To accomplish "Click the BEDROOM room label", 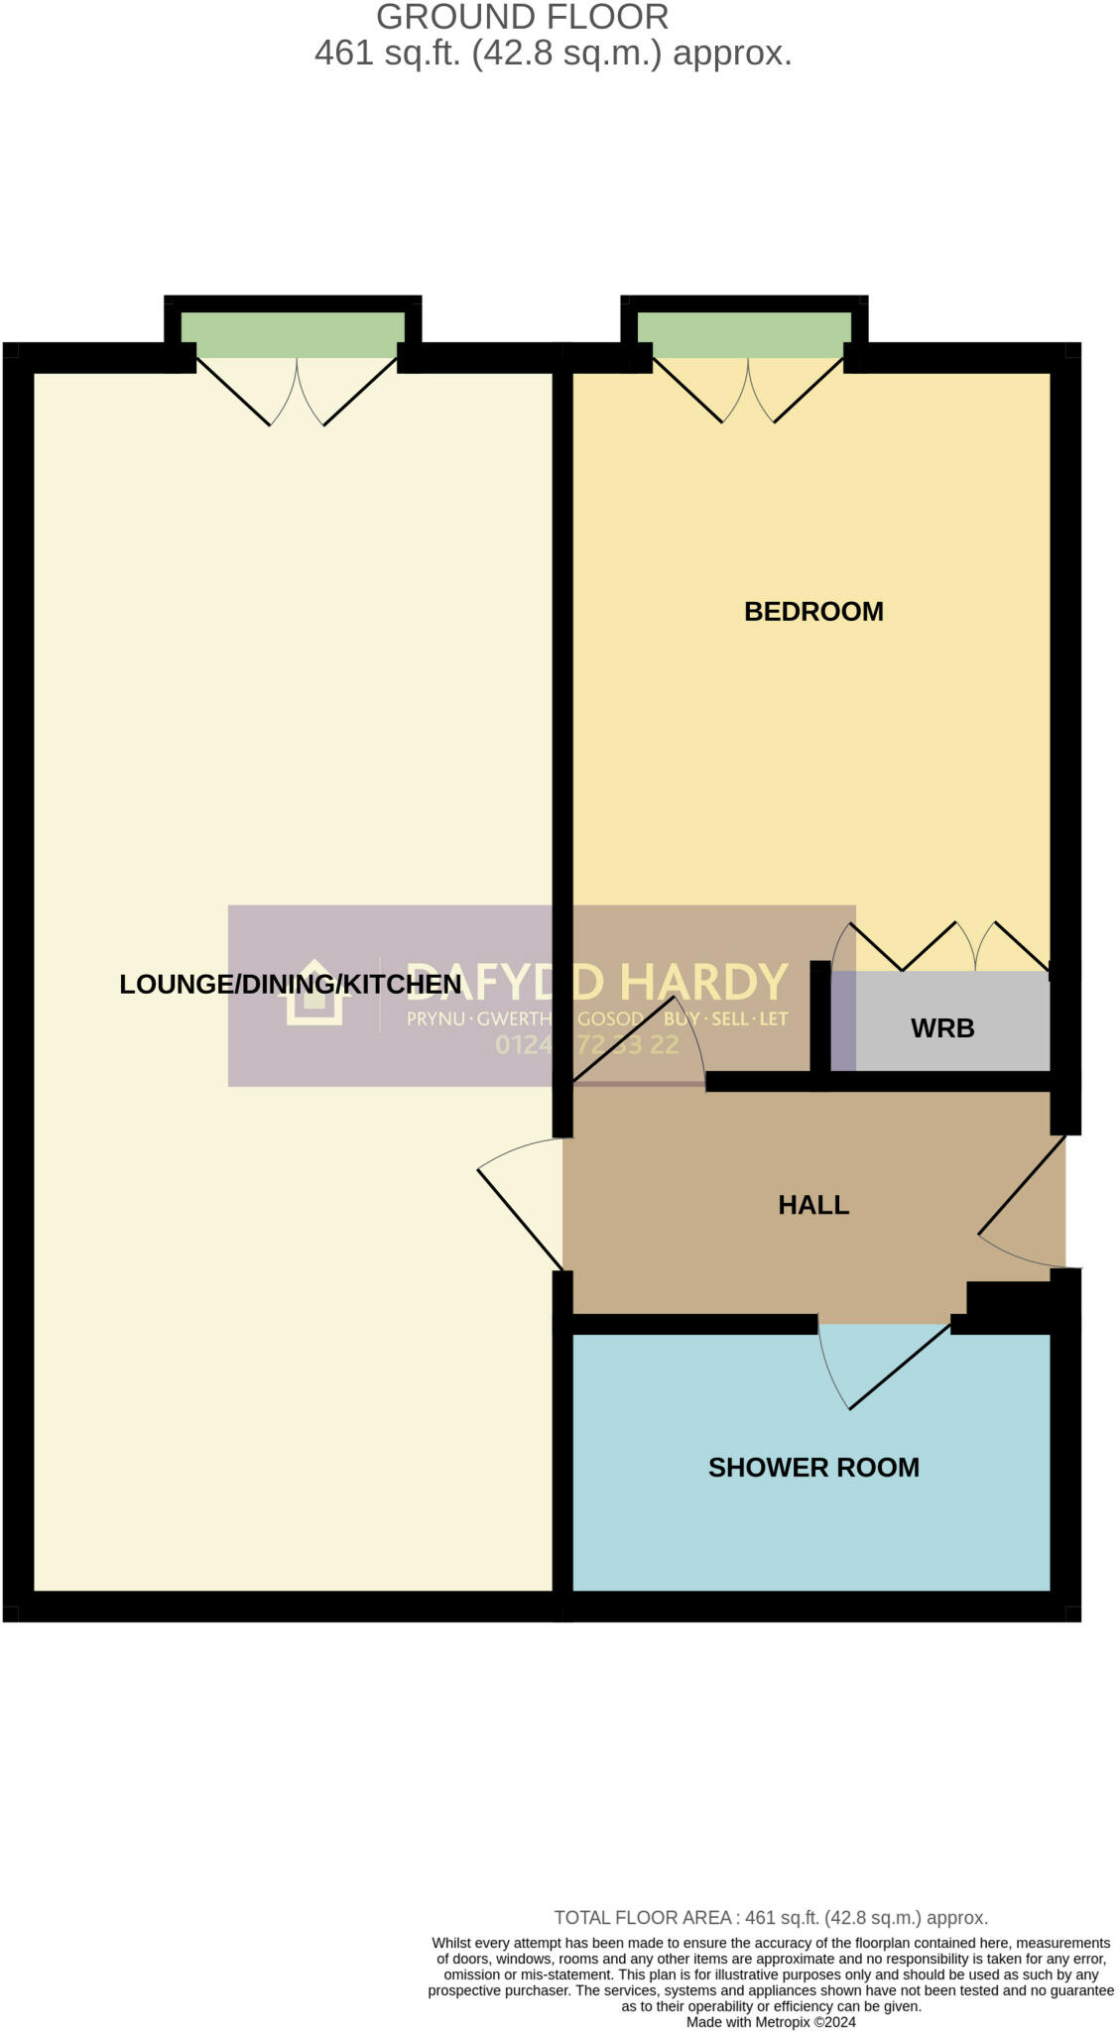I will tap(813, 611).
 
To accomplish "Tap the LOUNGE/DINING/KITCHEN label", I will tap(290, 984).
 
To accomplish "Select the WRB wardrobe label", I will tap(941, 1028).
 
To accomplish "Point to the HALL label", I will tap(813, 1205).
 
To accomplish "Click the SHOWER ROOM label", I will tap(813, 1468).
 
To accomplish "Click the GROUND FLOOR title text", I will tap(523, 18).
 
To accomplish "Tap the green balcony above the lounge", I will tap(293, 335).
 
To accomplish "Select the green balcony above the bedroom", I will tap(744, 335).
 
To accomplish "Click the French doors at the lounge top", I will tap(297, 392).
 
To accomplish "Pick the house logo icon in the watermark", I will tap(314, 992).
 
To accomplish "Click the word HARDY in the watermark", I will tap(704, 982).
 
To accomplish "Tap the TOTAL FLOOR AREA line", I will tap(770, 1918).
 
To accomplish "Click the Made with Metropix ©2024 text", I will tap(770, 2022).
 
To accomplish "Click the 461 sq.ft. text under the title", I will tap(387, 53).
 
